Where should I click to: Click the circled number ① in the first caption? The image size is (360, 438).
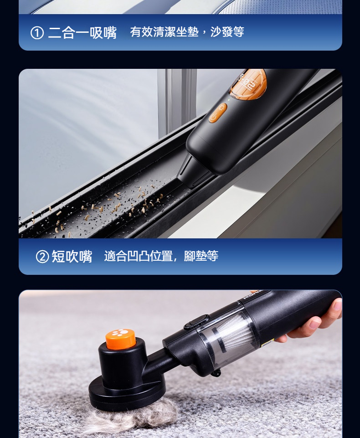37,33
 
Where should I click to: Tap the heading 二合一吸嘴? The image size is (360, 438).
82,33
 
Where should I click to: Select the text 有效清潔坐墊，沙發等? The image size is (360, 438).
187,31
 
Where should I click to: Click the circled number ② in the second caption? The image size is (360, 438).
42,257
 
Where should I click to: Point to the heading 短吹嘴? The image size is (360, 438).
72,256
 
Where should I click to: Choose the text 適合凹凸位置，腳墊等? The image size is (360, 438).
161,256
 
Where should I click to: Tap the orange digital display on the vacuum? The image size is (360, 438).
248,84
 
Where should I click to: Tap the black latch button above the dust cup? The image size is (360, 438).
196,321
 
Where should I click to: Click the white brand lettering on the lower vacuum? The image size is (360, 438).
252,295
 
